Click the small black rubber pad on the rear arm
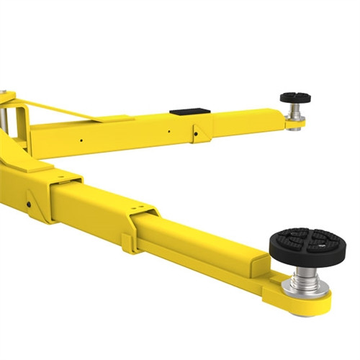click(x=297, y=97)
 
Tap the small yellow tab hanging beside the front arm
click(x=129, y=243)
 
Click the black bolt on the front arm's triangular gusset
click(x=28, y=203)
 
